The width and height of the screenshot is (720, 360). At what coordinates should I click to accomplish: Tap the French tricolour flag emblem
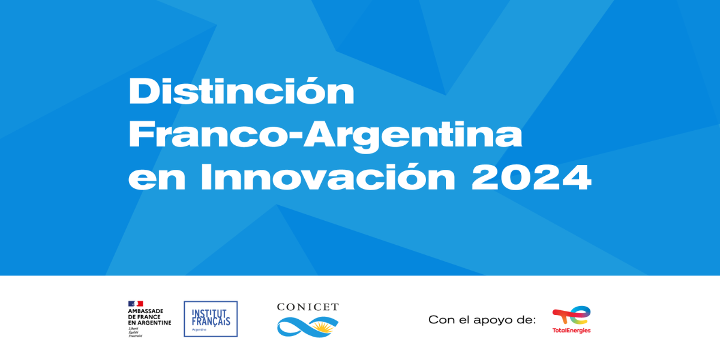coord(136,304)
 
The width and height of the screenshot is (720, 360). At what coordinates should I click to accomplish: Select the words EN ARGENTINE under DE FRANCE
coord(149,323)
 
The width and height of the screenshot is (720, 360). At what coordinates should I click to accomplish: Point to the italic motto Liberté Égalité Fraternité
coord(136,332)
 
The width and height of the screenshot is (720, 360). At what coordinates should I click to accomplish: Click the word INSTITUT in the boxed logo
coord(211,313)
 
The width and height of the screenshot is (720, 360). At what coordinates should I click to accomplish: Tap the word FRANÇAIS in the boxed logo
coord(211,321)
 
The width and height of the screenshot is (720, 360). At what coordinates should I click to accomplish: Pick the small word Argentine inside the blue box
coord(200,329)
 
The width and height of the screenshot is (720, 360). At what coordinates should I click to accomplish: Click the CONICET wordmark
coord(308,307)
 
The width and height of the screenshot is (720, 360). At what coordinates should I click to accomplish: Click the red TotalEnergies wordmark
coord(571,331)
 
